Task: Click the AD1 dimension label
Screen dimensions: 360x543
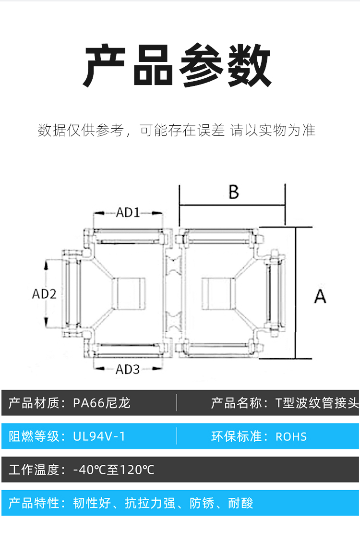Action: (128, 212)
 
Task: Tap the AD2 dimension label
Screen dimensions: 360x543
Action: (44, 294)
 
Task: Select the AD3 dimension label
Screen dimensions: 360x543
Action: (128, 369)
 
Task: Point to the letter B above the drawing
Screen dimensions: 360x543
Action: (233, 192)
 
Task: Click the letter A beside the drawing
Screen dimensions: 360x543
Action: (320, 296)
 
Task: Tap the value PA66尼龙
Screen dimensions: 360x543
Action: (102, 403)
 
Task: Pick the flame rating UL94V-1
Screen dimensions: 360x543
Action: (99, 436)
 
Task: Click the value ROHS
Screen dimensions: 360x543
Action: (291, 436)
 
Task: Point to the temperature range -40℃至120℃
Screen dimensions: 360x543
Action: (114, 470)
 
